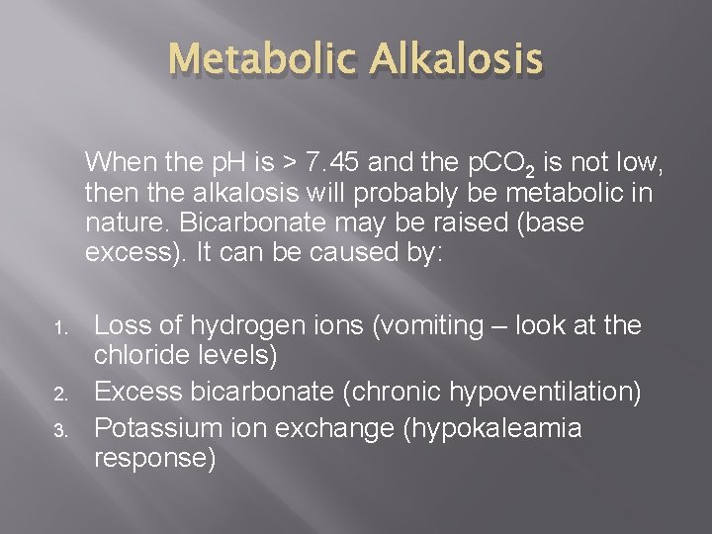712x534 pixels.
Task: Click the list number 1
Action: [x=58, y=327]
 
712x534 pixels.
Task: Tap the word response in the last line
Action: [x=153, y=459]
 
